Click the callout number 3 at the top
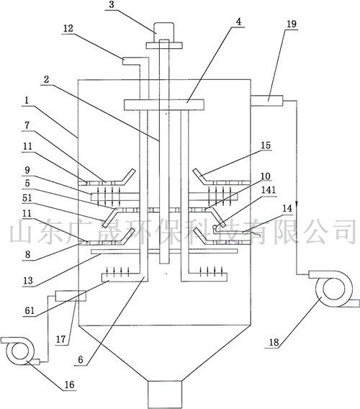[112, 5]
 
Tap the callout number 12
[68, 28]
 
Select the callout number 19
[292, 24]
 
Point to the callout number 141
[269, 189]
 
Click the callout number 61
[30, 310]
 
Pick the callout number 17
[60, 339]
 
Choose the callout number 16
[69, 385]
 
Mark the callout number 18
[274, 342]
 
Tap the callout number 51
[27, 198]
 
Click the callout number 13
[28, 281]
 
